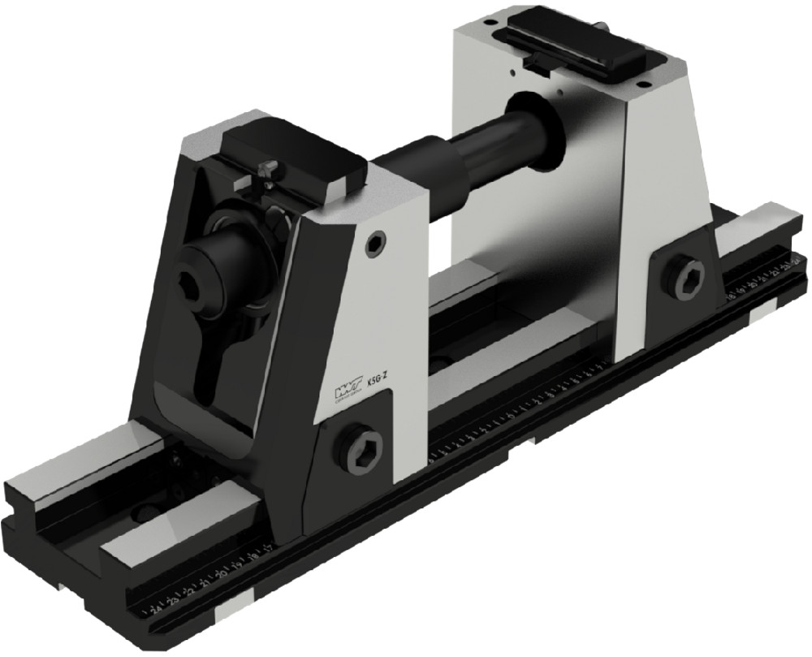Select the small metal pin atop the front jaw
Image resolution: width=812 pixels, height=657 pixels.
click(269, 167)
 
